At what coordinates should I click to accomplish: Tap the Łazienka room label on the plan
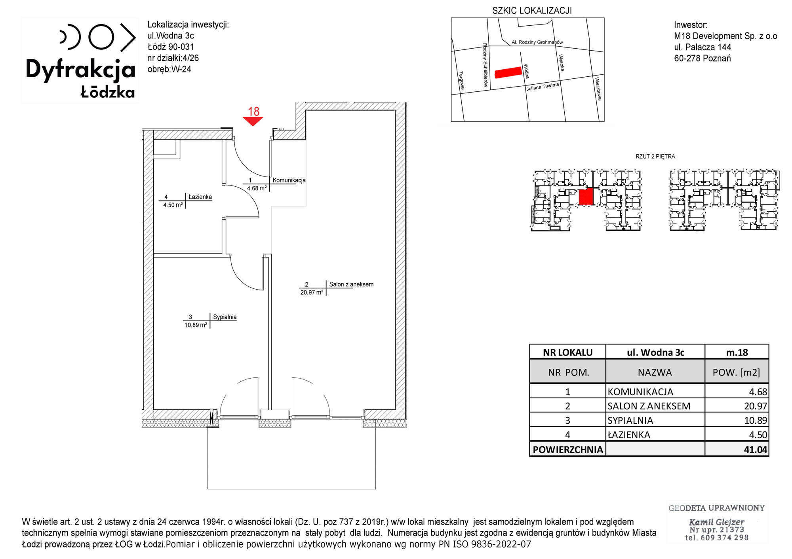point(200,197)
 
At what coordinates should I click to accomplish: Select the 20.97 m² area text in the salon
point(312,293)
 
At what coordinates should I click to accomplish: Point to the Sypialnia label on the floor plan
point(225,317)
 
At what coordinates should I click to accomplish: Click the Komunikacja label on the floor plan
point(289,180)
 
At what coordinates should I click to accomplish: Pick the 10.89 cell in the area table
point(737,420)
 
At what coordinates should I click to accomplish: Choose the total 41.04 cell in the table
point(737,449)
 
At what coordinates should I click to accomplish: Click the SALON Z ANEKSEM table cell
point(655,406)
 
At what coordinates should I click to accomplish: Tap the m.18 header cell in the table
point(737,352)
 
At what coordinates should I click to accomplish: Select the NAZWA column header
point(655,372)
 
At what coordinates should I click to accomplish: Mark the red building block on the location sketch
point(508,72)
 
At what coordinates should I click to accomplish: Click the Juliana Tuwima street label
point(543,87)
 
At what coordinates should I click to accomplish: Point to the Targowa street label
point(461,80)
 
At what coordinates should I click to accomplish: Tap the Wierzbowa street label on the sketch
point(598,89)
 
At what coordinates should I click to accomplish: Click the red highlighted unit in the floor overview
point(586,197)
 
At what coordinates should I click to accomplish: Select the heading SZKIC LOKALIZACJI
point(532,11)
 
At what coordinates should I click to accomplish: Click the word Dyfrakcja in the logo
point(80,70)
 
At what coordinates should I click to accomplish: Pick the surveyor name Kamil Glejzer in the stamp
point(716,522)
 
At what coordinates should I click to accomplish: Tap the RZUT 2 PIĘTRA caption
point(655,157)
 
